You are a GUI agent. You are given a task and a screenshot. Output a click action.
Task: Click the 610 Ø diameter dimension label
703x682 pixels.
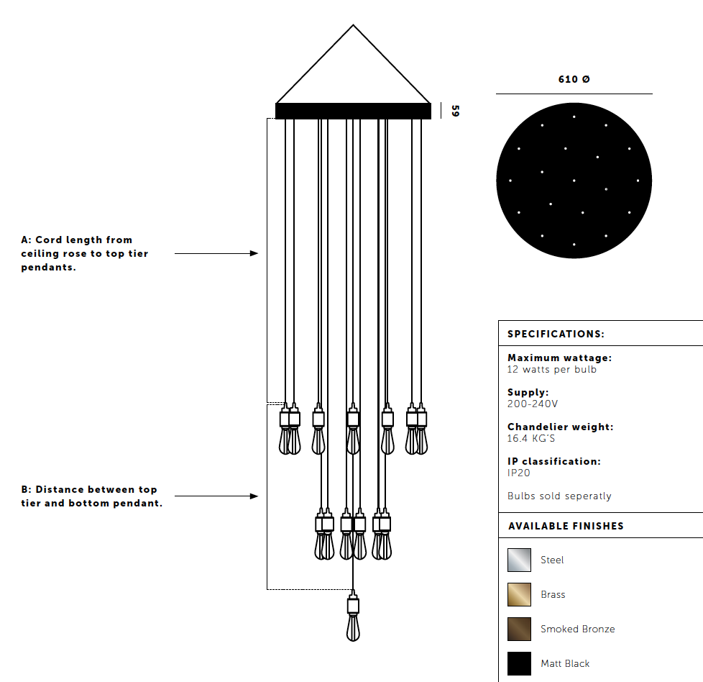(574, 79)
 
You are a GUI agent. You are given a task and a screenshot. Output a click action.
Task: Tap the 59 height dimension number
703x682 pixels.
(455, 111)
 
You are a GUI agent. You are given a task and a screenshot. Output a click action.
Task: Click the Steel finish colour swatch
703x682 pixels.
(519, 560)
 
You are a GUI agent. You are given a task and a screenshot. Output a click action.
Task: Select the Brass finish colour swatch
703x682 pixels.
(519, 594)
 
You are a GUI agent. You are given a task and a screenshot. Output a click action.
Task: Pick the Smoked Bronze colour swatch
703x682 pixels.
(519, 629)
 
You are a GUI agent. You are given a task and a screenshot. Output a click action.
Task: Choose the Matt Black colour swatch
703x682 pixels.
(519, 663)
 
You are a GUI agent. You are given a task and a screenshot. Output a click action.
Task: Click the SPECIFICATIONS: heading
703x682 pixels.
(556, 334)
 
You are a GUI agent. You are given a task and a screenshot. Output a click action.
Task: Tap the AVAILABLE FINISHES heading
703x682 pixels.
(566, 526)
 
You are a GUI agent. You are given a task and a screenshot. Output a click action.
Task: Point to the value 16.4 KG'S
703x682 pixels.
(530, 438)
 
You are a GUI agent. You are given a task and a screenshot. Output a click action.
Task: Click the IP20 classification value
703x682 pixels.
(519, 473)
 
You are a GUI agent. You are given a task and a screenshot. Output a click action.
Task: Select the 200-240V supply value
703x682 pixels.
(533, 404)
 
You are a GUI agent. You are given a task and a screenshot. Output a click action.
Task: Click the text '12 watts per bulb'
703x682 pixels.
(552, 369)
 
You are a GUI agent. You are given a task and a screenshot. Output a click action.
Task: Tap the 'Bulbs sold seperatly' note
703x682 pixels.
(559, 496)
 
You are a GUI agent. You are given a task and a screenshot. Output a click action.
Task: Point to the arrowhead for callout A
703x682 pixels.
(254, 253)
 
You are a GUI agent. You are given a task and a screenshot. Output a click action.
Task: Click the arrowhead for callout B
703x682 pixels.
(254, 496)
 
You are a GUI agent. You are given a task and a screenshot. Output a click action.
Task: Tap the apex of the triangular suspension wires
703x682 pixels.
(353, 25)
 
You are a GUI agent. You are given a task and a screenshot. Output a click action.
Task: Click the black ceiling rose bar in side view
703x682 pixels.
(353, 111)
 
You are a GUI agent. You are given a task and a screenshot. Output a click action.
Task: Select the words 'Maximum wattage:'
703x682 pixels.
(559, 358)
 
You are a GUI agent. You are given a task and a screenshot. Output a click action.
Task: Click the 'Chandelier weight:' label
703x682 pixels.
(561, 427)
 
